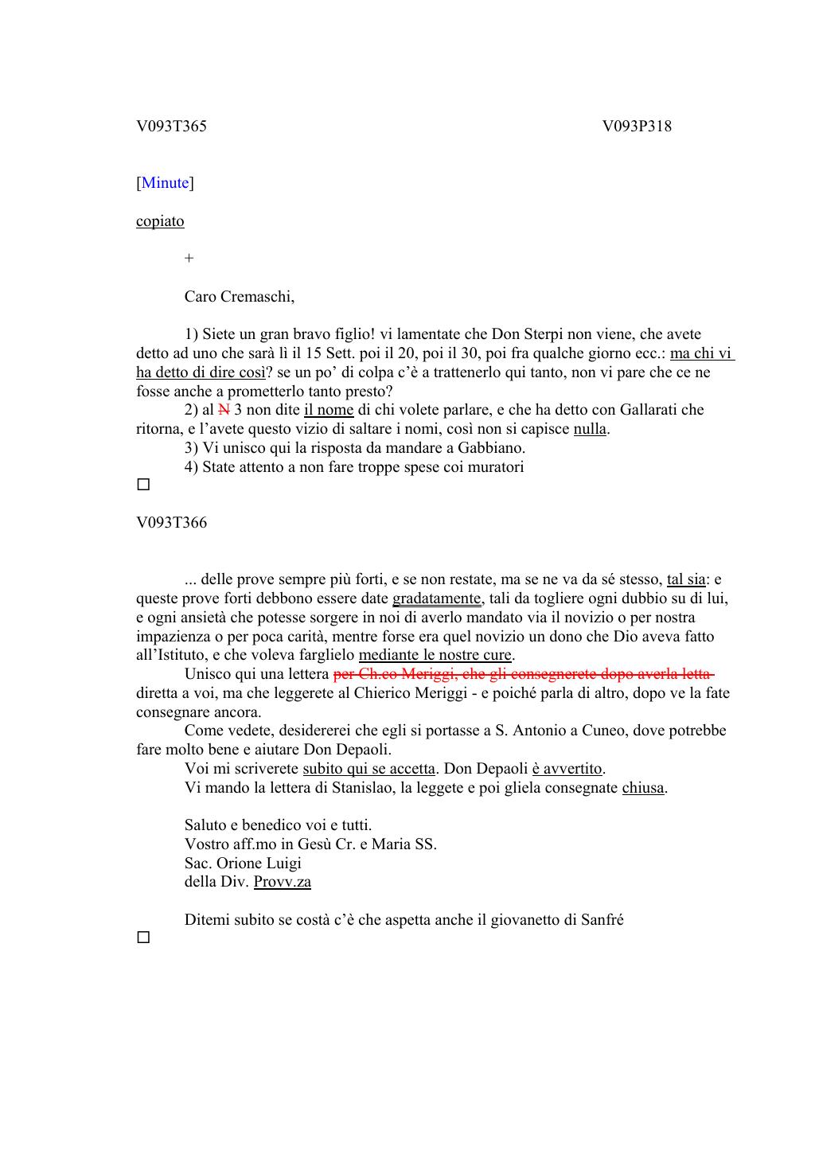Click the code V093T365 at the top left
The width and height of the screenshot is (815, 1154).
pyautogui.click(x=171, y=126)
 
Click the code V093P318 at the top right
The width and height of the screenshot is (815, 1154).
pyautogui.click(x=637, y=126)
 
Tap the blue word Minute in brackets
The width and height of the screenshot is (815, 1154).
pyautogui.click(x=166, y=183)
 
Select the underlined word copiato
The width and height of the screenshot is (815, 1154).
pyautogui.click(x=160, y=221)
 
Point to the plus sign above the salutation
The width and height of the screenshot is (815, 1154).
pyautogui.click(x=189, y=258)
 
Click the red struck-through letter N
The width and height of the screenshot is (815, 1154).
pyautogui.click(x=224, y=410)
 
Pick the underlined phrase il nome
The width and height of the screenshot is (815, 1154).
pyautogui.click(x=329, y=410)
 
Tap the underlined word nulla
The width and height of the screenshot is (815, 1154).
pyautogui.click(x=590, y=429)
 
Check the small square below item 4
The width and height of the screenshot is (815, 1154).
pyautogui.click(x=143, y=484)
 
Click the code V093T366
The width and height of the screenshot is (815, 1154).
pyautogui.click(x=171, y=523)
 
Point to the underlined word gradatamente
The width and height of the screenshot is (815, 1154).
pyautogui.click(x=437, y=598)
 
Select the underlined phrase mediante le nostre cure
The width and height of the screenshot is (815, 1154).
pyautogui.click(x=435, y=655)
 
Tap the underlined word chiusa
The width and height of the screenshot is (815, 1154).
pyautogui.click(x=643, y=788)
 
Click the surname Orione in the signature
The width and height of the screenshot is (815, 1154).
pyautogui.click(x=240, y=864)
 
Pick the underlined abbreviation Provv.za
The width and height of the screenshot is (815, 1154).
pyautogui.click(x=283, y=882)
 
